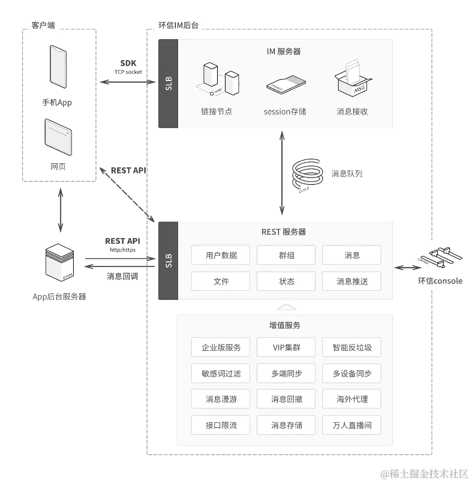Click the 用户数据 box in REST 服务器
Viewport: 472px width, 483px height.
(x=221, y=255)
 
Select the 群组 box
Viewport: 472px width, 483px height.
(x=286, y=255)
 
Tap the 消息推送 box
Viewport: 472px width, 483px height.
(x=352, y=281)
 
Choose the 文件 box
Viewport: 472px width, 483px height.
(x=221, y=281)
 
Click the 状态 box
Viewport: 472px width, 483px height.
(x=286, y=281)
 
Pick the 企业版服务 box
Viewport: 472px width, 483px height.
(x=221, y=348)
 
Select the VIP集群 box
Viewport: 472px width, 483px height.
(x=286, y=348)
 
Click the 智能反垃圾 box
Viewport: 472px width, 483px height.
(x=352, y=348)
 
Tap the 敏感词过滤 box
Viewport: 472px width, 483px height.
(x=221, y=374)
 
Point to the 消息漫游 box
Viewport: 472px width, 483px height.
(x=221, y=399)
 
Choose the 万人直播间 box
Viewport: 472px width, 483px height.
(x=352, y=425)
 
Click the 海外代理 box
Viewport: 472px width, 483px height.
(x=352, y=399)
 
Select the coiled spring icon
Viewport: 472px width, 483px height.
(x=307, y=174)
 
